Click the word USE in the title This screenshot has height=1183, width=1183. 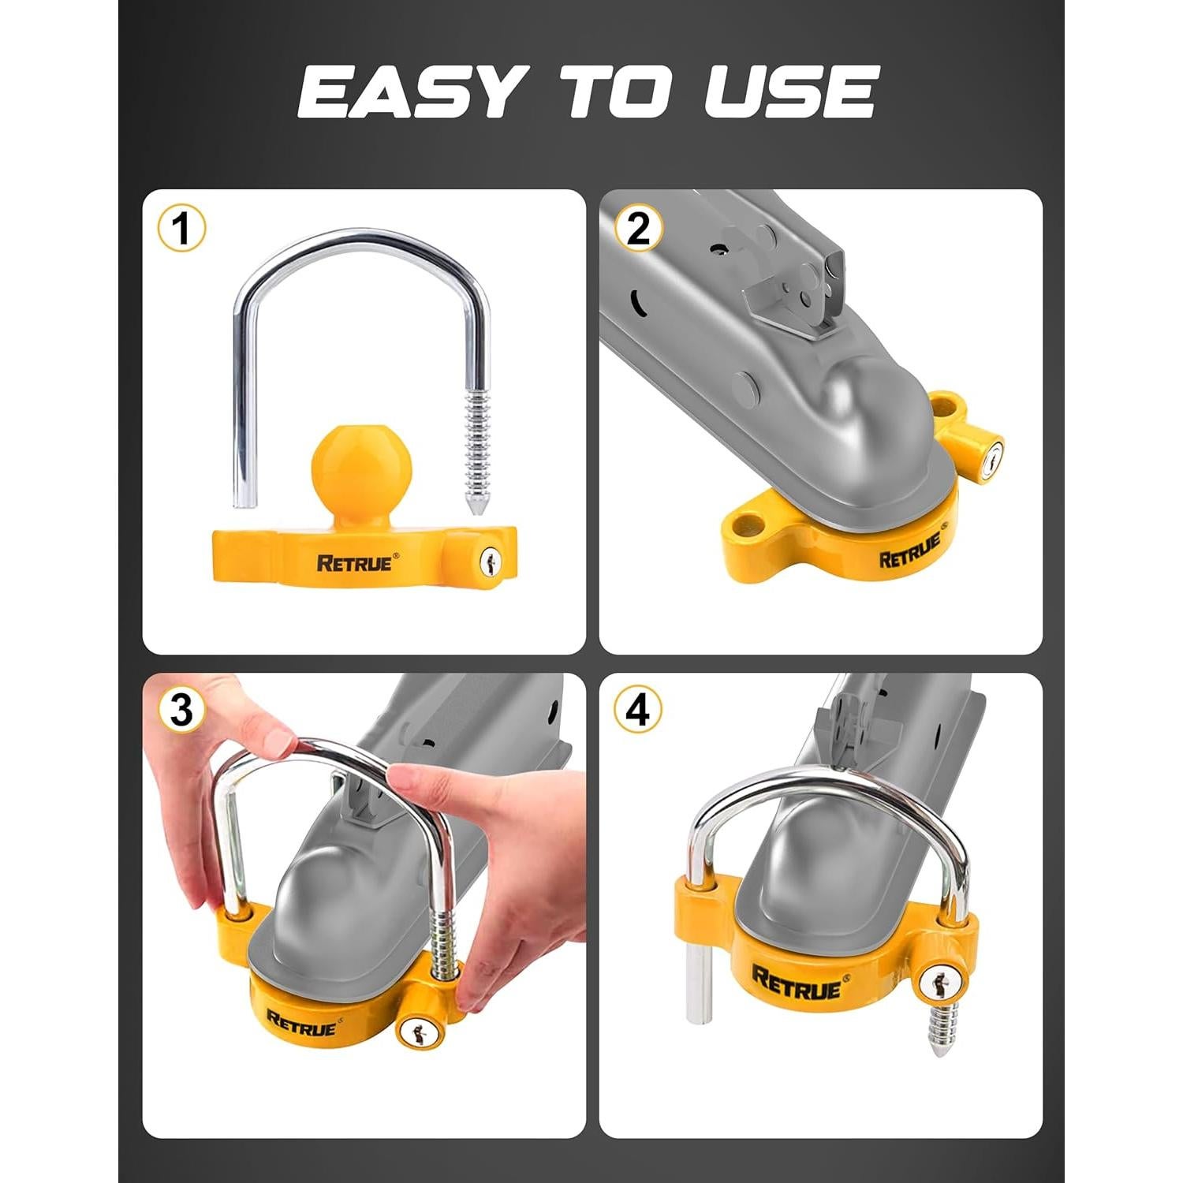point(789,92)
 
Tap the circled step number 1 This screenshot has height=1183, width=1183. point(181,229)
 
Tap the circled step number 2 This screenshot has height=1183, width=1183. point(638,229)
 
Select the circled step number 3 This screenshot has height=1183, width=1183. point(181,711)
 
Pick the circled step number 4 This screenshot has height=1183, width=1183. point(638,711)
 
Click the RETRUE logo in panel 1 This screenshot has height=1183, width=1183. point(354,563)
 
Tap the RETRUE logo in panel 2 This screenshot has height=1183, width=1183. point(910,551)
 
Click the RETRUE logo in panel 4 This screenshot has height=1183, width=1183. point(797,982)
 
